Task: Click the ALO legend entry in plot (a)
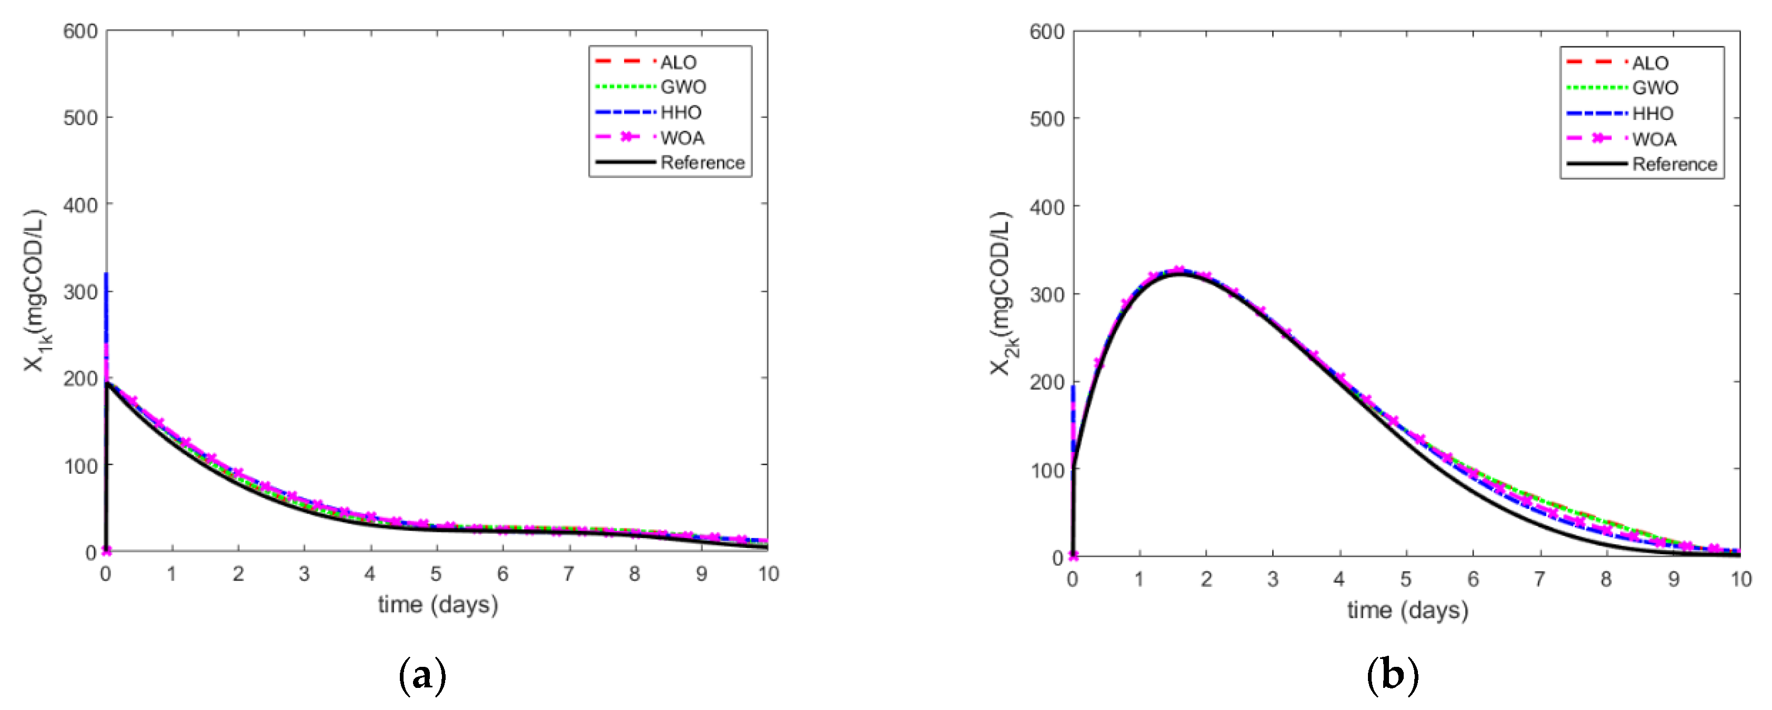(x=678, y=63)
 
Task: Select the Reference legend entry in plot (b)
(x=1674, y=164)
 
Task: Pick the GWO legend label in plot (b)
(x=1655, y=88)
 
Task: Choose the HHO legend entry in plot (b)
(x=1653, y=114)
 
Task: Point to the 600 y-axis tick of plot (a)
(x=80, y=32)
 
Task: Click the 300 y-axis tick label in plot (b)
(x=1046, y=294)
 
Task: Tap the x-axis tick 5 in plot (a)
(x=436, y=574)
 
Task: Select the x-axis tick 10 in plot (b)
(x=1740, y=579)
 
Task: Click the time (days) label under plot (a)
(x=438, y=605)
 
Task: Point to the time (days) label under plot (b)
(x=1407, y=609)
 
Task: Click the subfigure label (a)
(x=422, y=676)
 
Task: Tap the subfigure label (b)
(x=1392, y=676)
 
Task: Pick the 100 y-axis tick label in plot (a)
(x=80, y=466)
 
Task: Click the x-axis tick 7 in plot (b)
(x=1539, y=579)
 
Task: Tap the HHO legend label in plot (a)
(x=680, y=112)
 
